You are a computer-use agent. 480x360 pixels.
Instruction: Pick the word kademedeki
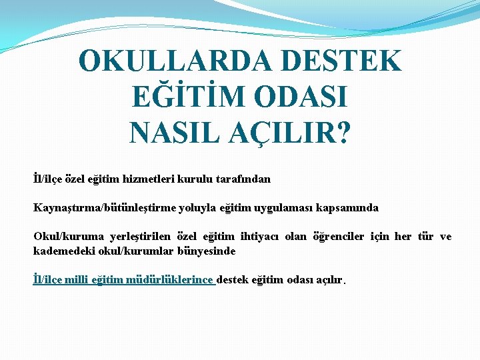click(x=60, y=251)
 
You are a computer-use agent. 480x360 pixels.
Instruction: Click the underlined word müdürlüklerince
click(x=169, y=280)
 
